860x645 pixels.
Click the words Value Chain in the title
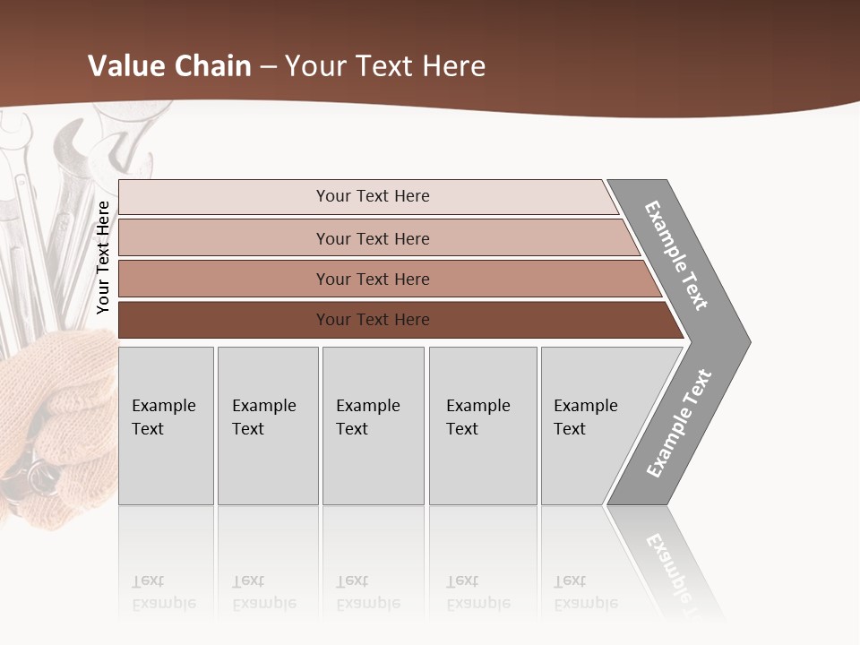[169, 66]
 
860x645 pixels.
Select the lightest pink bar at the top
[373, 196]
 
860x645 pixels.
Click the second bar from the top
[373, 238]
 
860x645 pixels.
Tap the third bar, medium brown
[373, 279]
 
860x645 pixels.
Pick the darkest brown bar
[373, 320]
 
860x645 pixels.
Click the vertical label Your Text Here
[103, 257]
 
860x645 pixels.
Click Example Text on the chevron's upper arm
[676, 255]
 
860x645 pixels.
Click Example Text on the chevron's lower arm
[678, 424]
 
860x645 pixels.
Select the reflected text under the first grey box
[163, 592]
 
